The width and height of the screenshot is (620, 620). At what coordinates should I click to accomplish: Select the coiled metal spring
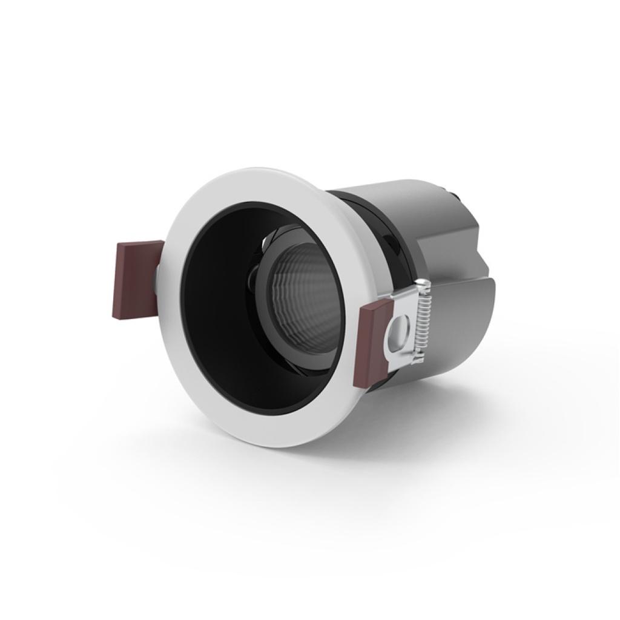[424, 322]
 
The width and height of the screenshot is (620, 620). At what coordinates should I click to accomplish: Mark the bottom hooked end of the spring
[418, 361]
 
